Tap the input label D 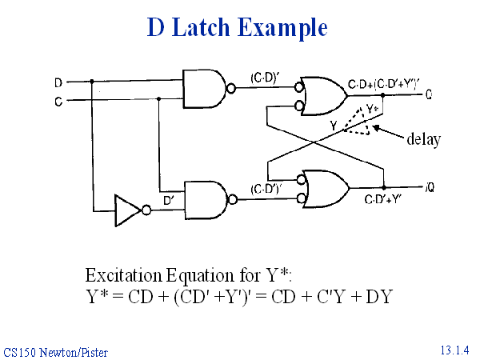(58, 82)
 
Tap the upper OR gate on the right (322, 96)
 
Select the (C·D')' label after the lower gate (266, 189)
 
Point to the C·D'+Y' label (382, 199)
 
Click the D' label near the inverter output (170, 200)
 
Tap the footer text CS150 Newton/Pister (55, 351)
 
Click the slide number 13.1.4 (454, 350)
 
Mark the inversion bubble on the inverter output (146, 211)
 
